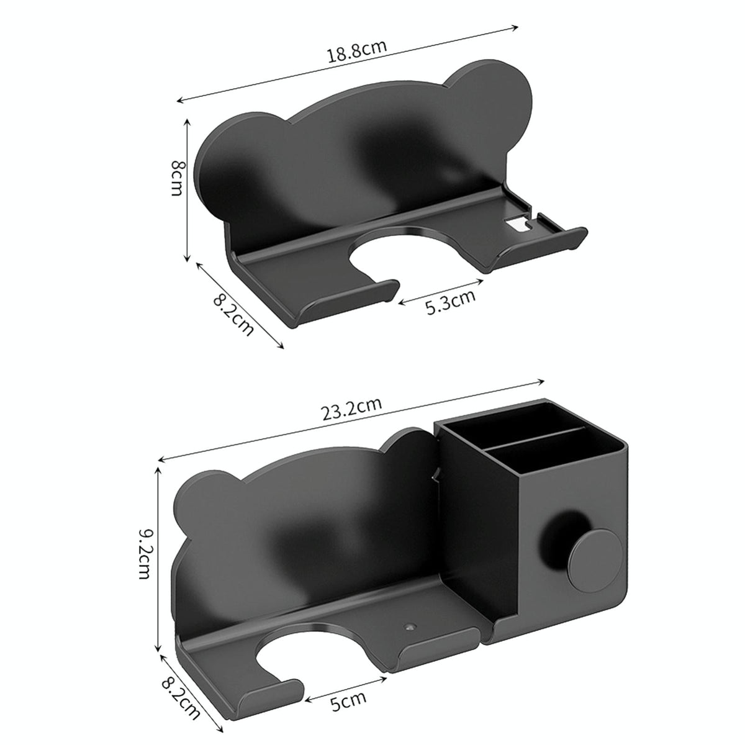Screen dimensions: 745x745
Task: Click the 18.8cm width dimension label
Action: point(358,50)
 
